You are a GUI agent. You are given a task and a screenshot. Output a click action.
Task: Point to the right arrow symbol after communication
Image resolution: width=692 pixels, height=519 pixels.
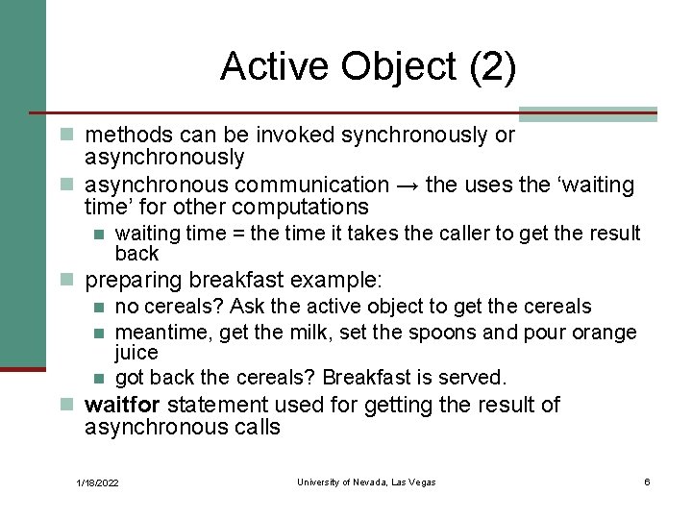[x=407, y=185]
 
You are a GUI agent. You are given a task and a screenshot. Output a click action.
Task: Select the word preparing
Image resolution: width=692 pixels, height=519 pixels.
[x=134, y=281]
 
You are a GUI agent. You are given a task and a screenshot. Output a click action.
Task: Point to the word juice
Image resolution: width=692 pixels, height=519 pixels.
[x=136, y=353]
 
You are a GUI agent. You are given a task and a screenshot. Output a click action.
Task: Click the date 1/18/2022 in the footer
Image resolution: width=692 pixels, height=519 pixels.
[x=98, y=482]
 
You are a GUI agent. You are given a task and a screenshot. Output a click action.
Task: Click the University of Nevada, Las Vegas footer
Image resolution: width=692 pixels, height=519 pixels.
[x=366, y=482]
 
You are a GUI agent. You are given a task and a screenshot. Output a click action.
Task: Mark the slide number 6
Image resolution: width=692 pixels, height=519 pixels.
[x=647, y=482]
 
